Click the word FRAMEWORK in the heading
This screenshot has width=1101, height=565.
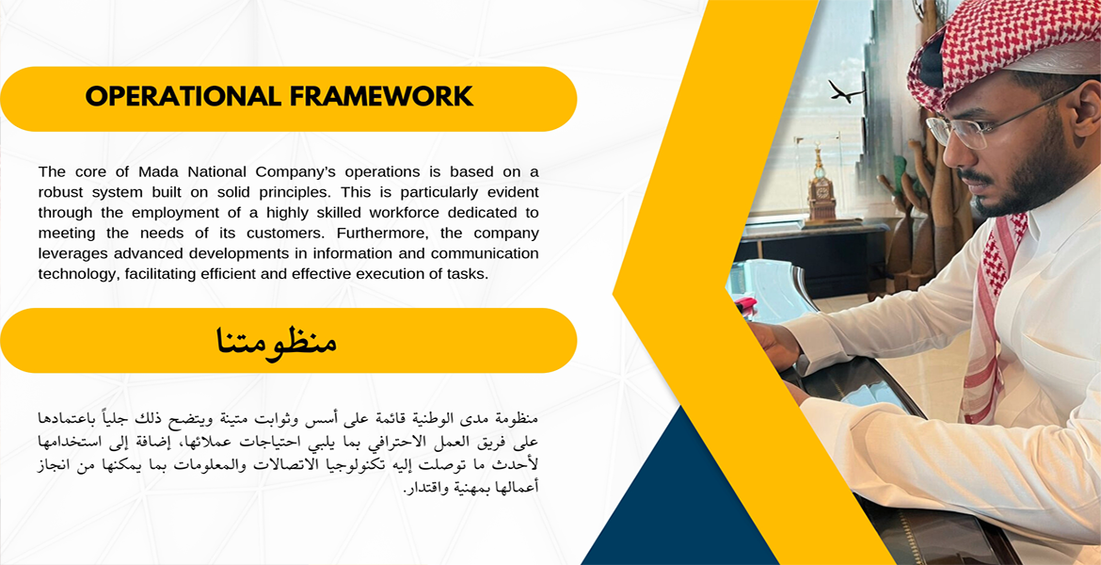[x=381, y=97]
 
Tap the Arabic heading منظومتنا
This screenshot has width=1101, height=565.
[x=275, y=340]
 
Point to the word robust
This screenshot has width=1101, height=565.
[x=60, y=192]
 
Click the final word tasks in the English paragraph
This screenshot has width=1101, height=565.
[x=468, y=274]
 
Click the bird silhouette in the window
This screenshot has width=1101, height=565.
[x=845, y=91]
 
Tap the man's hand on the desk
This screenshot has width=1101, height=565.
[x=776, y=346]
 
